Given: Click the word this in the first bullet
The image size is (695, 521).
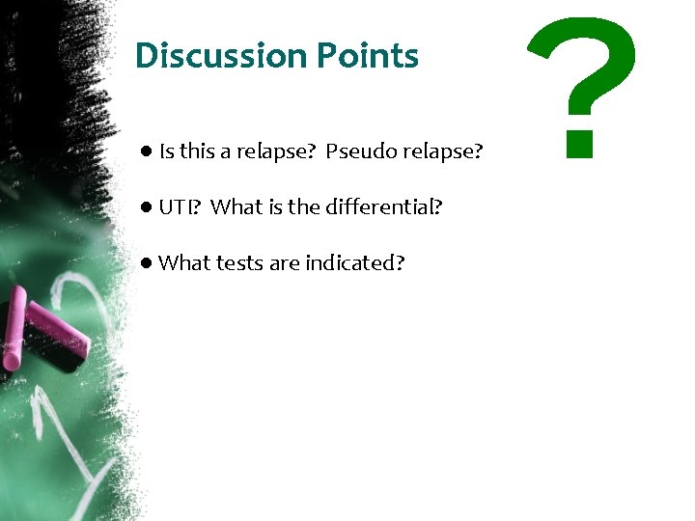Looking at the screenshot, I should tap(197, 151).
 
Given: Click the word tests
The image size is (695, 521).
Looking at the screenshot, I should tap(240, 262).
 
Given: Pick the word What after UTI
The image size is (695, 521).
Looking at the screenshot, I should tap(236, 206).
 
